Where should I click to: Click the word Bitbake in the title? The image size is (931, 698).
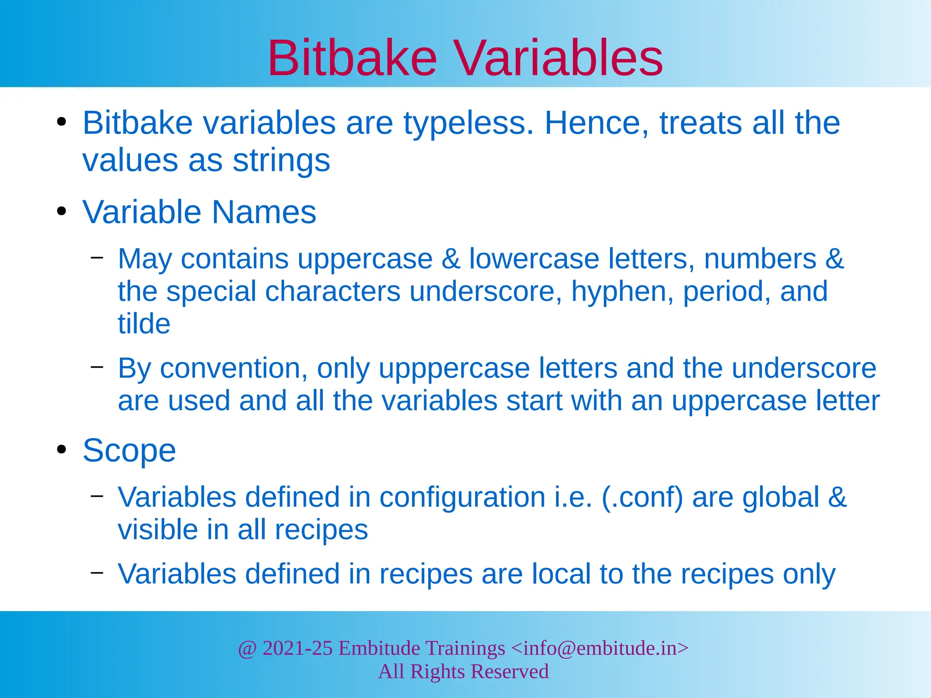(x=352, y=58)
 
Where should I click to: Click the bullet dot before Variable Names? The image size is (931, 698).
(x=62, y=212)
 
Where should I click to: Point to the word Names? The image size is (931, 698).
(x=264, y=212)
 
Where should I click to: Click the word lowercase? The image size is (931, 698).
(x=534, y=259)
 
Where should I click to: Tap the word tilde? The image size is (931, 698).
(x=144, y=324)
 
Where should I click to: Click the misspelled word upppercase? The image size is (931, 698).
(x=454, y=368)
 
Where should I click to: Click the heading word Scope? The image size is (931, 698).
(x=129, y=451)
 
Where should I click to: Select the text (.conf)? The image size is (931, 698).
(x=642, y=497)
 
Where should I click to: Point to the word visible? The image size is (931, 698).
(x=157, y=530)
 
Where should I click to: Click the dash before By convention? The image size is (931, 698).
(x=97, y=366)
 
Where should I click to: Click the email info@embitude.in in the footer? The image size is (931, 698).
(x=600, y=648)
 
